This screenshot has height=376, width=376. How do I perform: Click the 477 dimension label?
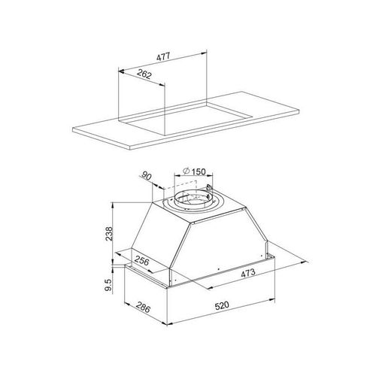coord(163,56)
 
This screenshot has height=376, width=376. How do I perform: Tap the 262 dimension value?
coord(144,74)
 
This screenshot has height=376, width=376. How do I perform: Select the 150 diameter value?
coord(199,171)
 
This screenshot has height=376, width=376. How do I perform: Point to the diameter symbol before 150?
coord(186,171)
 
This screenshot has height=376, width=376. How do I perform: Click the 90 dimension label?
coord(147,176)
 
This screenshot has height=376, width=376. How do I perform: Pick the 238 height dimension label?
coord(109,234)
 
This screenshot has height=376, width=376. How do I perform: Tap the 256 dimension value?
coord(142,261)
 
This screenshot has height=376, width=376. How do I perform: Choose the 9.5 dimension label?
coord(108,285)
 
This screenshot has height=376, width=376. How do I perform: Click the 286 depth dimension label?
coord(143,308)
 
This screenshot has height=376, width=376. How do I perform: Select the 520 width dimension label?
coord(222,305)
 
